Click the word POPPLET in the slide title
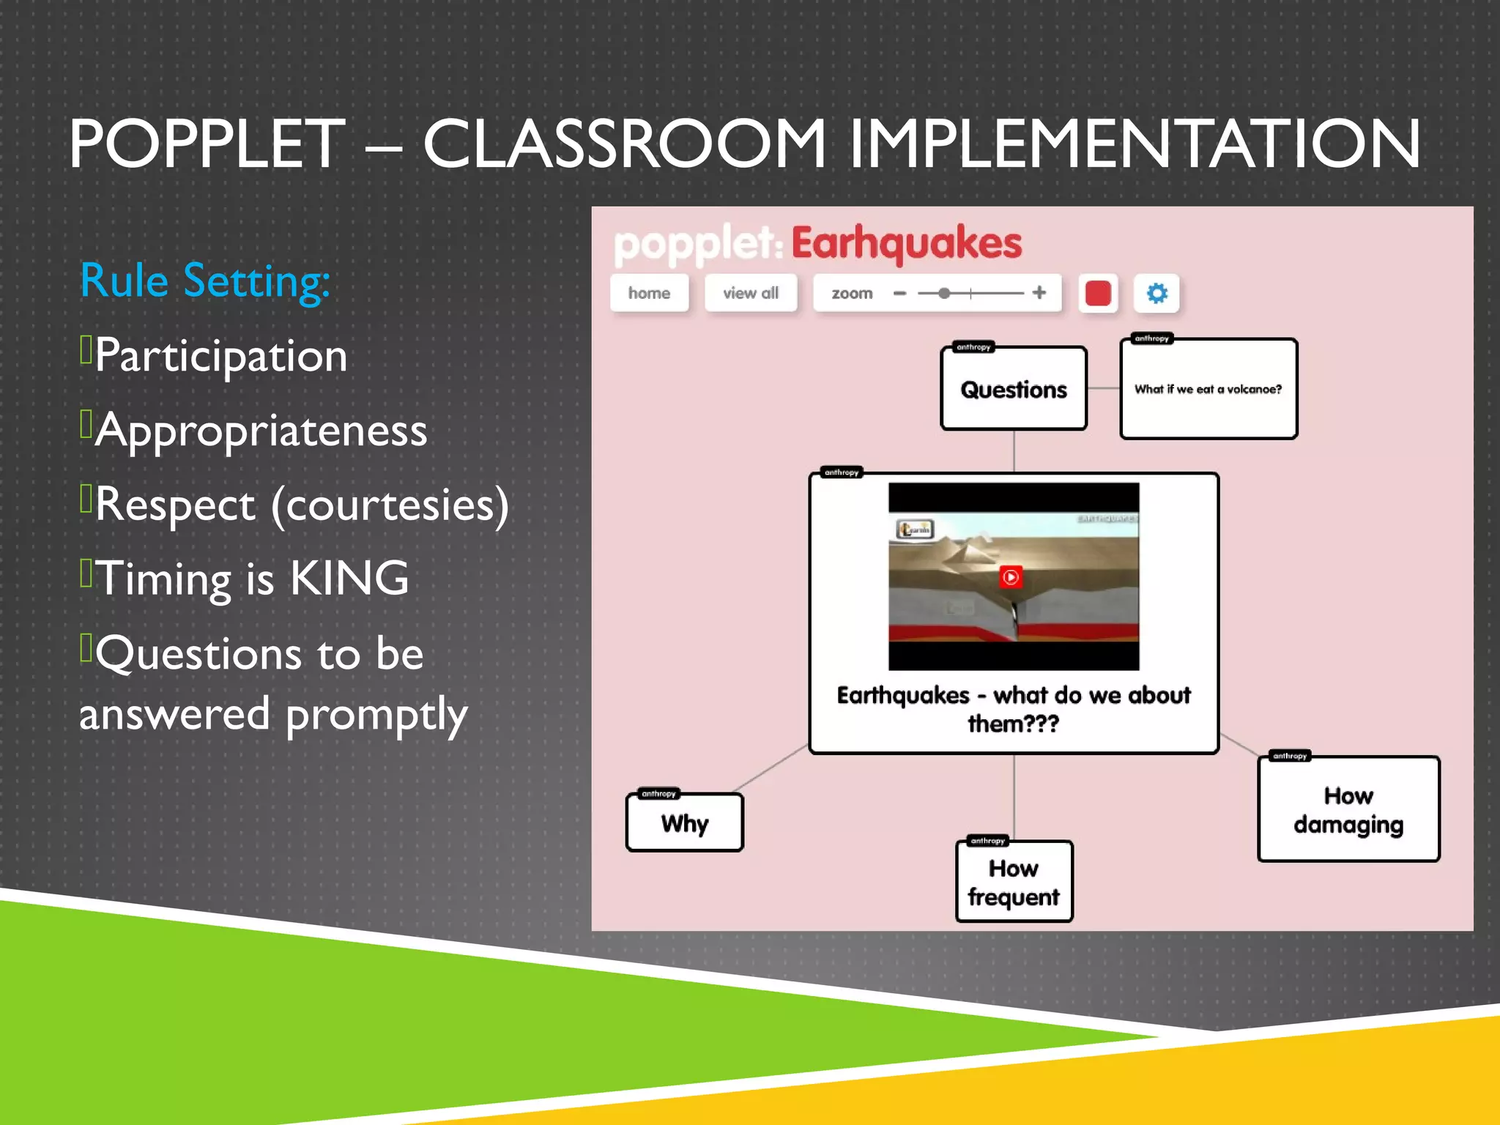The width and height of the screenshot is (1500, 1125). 207,144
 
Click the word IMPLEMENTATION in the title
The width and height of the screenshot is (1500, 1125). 1135,144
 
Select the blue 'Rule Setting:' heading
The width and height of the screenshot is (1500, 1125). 205,281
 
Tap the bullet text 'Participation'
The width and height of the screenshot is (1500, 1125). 220,356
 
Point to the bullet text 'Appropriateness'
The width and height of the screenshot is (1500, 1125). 261,431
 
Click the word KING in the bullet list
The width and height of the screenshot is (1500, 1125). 349,579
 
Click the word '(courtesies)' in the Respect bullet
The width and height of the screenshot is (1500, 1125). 390,505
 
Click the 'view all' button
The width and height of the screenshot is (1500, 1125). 750,293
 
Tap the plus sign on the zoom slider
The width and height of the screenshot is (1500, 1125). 1039,293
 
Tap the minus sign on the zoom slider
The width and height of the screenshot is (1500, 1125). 900,294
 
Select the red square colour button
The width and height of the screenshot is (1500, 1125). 1097,294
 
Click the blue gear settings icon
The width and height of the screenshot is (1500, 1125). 1156,294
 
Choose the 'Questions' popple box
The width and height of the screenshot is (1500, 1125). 1013,390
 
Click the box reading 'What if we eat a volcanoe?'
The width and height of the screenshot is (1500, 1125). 1208,390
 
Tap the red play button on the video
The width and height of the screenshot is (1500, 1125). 1010,577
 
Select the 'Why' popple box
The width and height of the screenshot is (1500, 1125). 684,823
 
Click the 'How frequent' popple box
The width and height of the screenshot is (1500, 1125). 1014,882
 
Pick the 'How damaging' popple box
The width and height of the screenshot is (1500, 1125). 1348,810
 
